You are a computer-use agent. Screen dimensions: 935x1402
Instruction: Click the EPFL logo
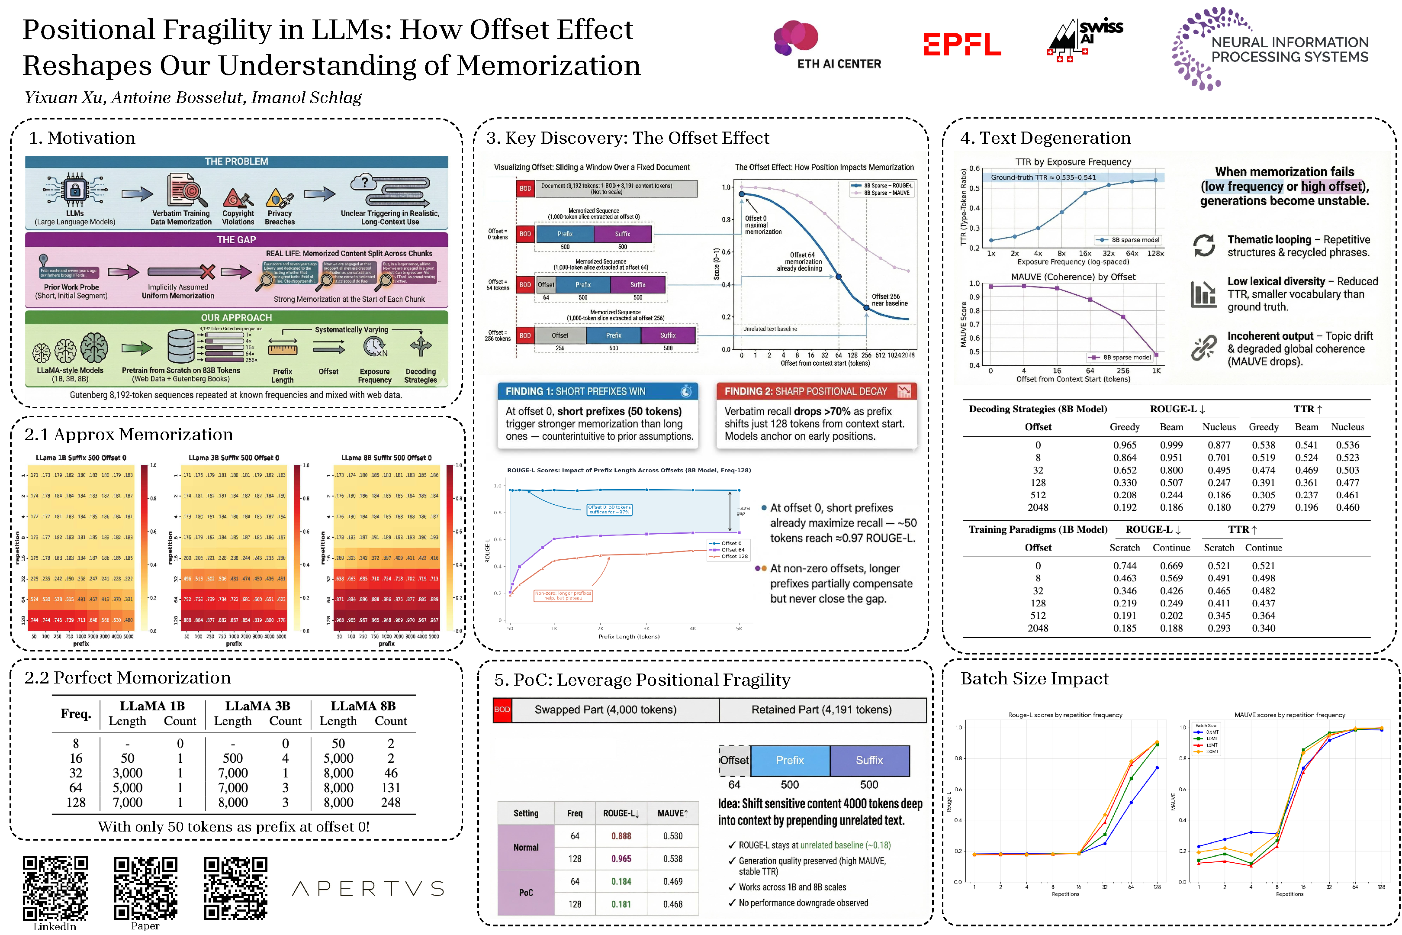(x=961, y=45)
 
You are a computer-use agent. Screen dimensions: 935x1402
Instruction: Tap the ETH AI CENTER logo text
(x=839, y=64)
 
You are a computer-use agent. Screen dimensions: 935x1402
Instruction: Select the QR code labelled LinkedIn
(x=55, y=888)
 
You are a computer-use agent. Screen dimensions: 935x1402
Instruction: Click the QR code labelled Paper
(x=145, y=888)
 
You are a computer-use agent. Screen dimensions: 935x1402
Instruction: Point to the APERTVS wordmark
(x=368, y=889)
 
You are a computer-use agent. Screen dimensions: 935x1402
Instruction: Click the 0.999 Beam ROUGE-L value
(x=1171, y=445)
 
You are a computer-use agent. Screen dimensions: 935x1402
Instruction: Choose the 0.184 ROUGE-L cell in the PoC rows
(x=621, y=881)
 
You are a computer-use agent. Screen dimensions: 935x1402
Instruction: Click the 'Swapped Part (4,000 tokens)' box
(x=605, y=709)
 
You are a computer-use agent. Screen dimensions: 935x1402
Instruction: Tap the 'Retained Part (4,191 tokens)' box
(x=821, y=709)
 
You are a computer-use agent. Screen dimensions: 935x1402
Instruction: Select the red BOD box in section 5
(x=502, y=709)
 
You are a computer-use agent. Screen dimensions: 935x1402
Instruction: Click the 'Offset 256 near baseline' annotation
(x=889, y=300)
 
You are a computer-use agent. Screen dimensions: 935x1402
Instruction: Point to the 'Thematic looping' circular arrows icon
(x=1203, y=245)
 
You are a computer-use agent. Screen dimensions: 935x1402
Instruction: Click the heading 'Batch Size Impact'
(x=1034, y=679)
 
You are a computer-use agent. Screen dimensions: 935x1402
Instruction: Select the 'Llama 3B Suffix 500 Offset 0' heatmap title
(x=234, y=458)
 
